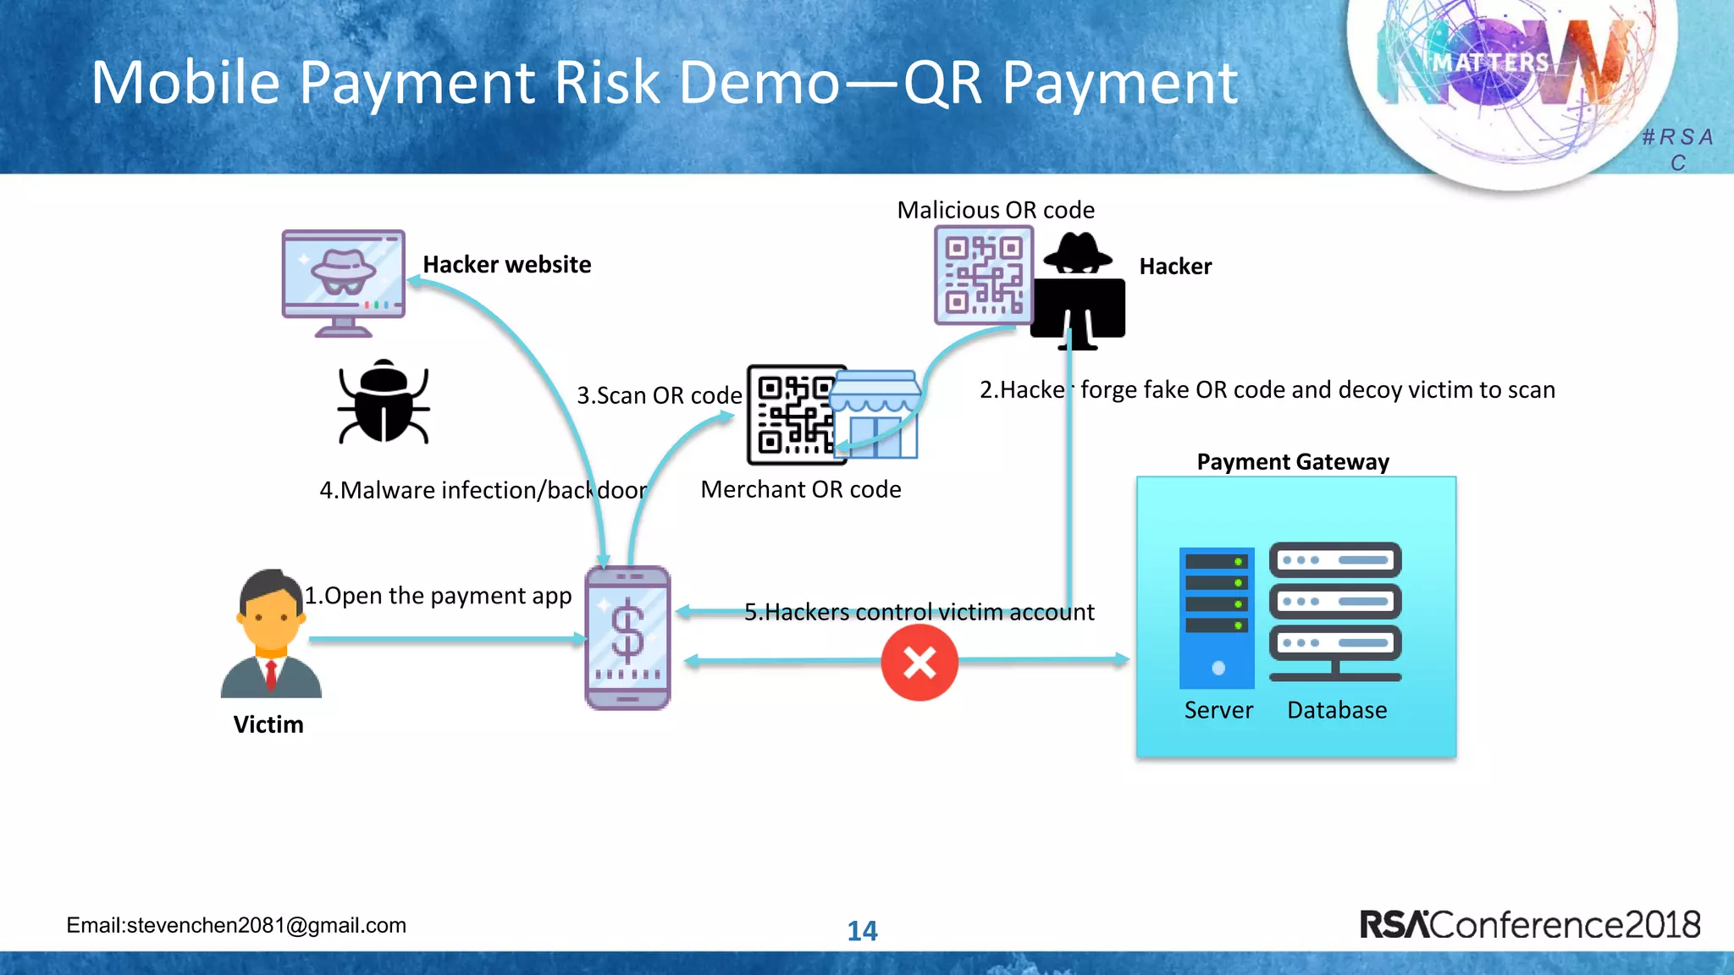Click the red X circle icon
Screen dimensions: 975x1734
tap(919, 663)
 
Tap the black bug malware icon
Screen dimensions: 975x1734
tap(384, 403)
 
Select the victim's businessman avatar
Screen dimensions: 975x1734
tap(271, 635)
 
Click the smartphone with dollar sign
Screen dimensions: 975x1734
tap(627, 638)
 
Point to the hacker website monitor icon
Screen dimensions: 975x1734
tap(343, 283)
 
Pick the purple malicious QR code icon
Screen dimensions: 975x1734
tap(983, 275)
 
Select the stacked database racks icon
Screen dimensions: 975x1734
tap(1335, 611)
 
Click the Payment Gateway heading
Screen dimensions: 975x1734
tap(1293, 462)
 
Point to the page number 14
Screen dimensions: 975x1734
tap(862, 931)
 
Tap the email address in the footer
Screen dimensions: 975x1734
tap(236, 925)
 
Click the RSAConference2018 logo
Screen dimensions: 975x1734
tap(1529, 924)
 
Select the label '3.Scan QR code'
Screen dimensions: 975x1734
tap(659, 395)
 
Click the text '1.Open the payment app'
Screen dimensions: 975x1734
tap(438, 596)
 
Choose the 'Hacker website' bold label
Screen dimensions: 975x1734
tap(506, 265)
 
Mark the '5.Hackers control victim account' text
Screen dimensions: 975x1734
tap(919, 612)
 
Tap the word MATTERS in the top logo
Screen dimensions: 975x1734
tap(1490, 63)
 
